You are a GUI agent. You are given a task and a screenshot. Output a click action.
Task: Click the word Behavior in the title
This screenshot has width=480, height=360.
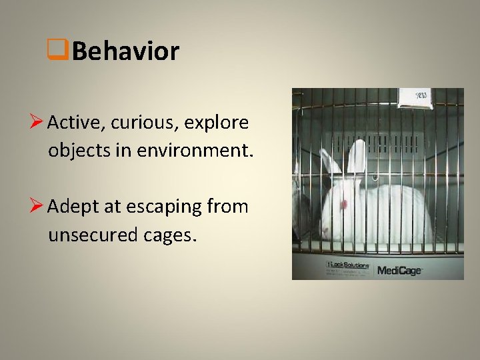pos(125,51)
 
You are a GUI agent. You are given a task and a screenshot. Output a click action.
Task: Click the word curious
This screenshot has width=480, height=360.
pos(137,123)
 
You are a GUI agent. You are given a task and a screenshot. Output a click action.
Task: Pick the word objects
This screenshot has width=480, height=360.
pos(73,151)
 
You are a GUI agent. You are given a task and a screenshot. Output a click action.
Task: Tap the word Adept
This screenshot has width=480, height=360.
pos(70,207)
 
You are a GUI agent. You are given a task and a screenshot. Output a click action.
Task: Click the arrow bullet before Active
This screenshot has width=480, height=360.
pos(37,123)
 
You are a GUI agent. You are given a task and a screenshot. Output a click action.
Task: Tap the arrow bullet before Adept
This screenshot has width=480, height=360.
pos(37,207)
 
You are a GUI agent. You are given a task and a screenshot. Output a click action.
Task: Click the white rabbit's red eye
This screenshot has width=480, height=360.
pos(344,203)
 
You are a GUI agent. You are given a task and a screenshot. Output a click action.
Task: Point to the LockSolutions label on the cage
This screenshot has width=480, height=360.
pos(347,266)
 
